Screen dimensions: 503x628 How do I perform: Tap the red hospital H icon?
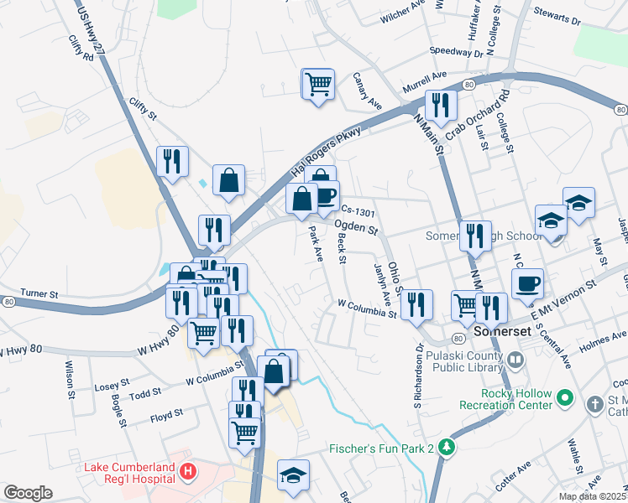[x=189, y=472]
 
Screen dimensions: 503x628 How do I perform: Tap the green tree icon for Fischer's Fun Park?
[x=449, y=448]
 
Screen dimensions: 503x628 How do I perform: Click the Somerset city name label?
[x=501, y=331]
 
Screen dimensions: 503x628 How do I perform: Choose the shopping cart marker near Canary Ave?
[x=318, y=84]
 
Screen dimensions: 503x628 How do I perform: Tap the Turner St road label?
[x=39, y=295]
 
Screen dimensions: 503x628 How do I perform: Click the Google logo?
[x=28, y=493]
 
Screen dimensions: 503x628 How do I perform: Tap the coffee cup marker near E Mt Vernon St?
[x=526, y=283]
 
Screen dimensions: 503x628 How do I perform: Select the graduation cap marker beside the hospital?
[x=293, y=474]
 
